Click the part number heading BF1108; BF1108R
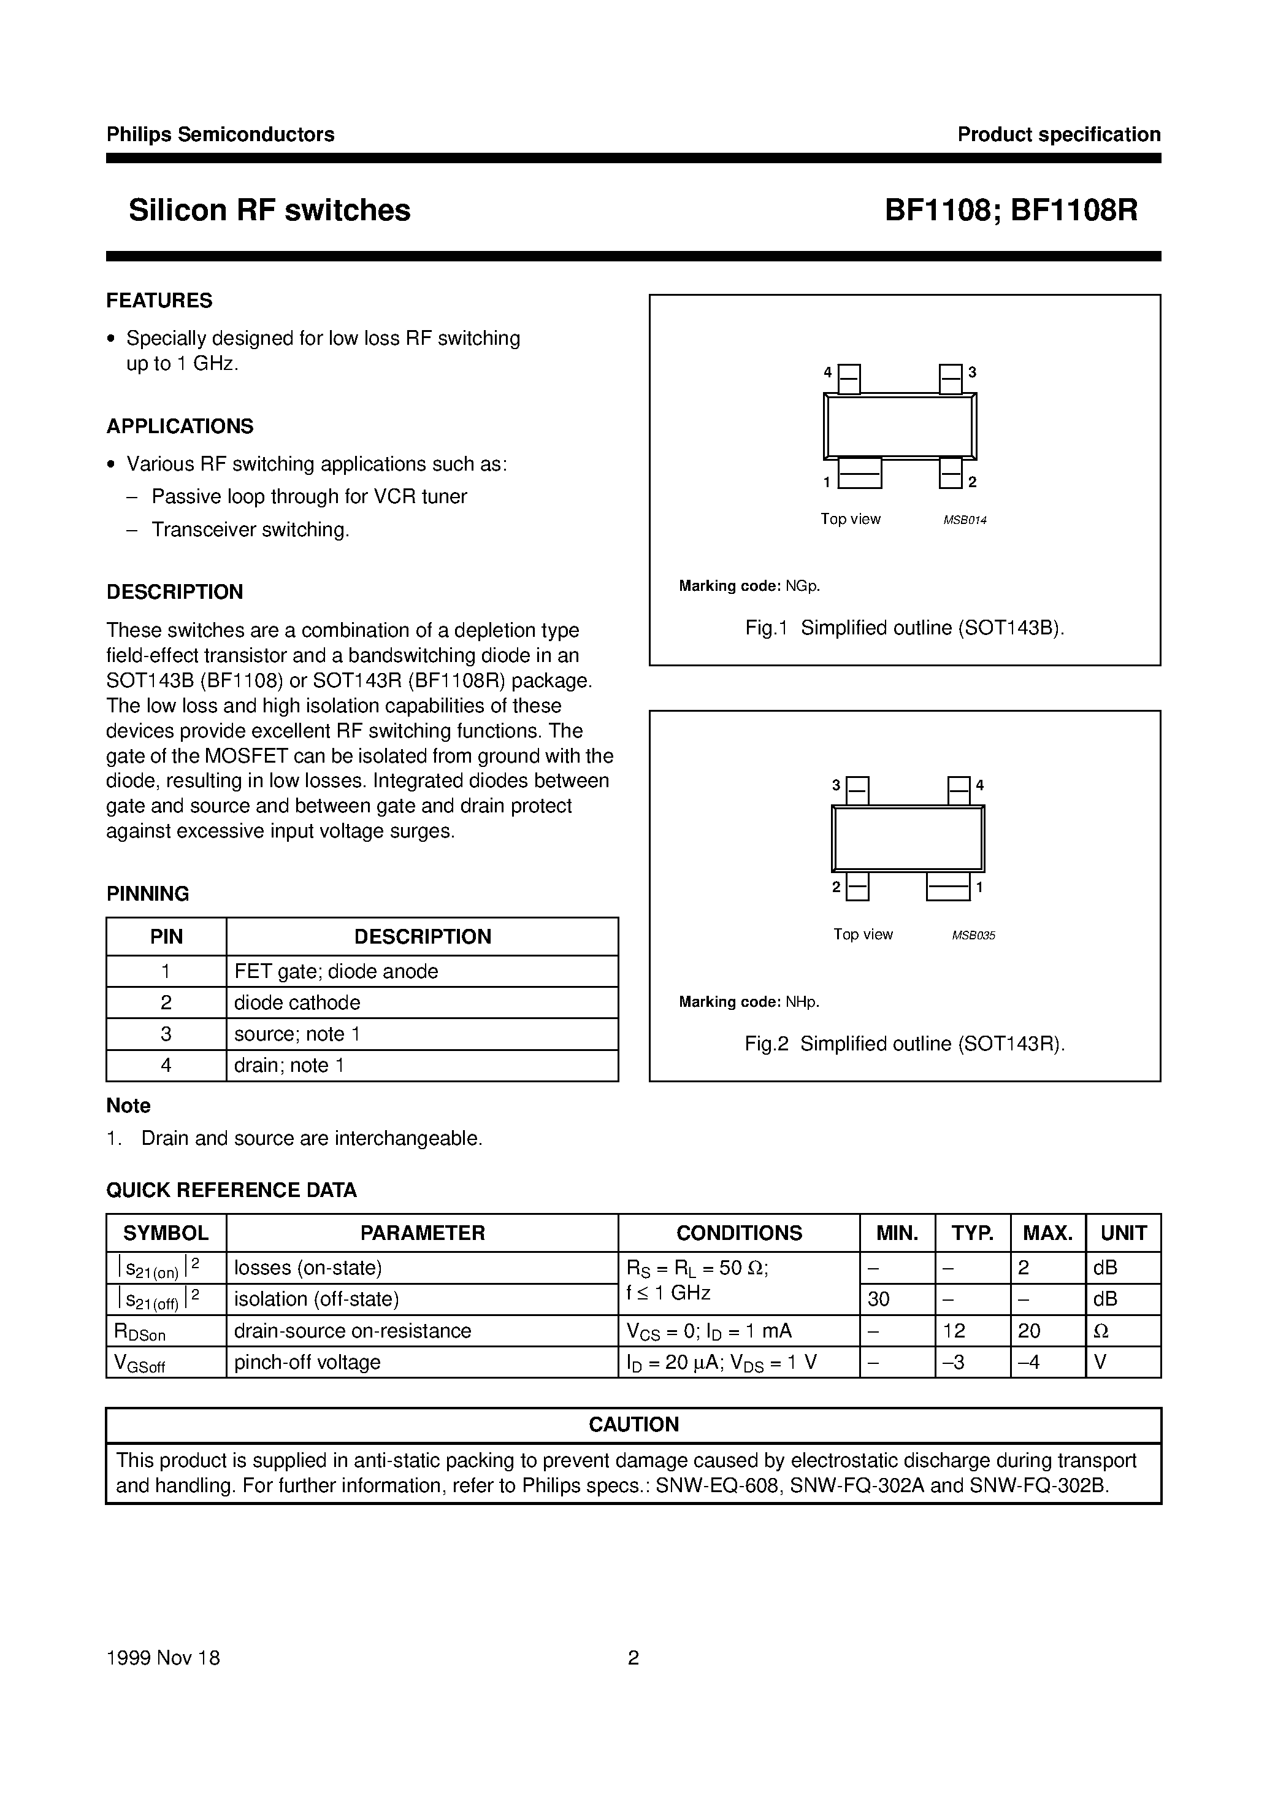click(x=1011, y=210)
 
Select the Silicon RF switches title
click(x=269, y=210)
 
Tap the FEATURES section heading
click(x=159, y=300)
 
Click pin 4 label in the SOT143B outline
click(x=827, y=372)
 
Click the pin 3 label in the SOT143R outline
click(x=836, y=785)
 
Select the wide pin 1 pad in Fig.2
click(x=947, y=887)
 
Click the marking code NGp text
click(x=749, y=586)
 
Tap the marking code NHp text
click(x=749, y=1002)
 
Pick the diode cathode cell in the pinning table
click(x=297, y=1003)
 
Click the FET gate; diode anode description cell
click(x=336, y=971)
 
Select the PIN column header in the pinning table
click(x=166, y=937)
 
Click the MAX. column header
click(x=1047, y=1233)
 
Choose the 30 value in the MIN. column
click(x=879, y=1299)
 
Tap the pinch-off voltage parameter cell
click(x=308, y=1362)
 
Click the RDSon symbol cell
click(x=140, y=1331)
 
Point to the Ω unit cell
click(x=1101, y=1331)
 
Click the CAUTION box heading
click(x=633, y=1425)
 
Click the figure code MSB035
click(x=973, y=935)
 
